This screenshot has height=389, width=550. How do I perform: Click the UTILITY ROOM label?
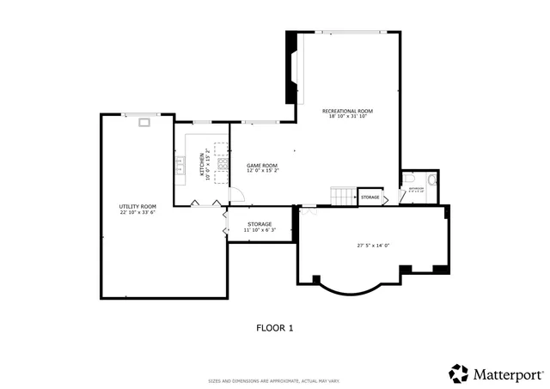click(x=137, y=206)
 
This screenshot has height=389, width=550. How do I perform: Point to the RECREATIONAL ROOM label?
click(x=347, y=111)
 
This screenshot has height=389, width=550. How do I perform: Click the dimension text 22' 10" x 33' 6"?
click(x=137, y=212)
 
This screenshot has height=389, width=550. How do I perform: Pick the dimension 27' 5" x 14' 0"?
click(x=374, y=246)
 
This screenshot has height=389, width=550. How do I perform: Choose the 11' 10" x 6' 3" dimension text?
click(x=260, y=229)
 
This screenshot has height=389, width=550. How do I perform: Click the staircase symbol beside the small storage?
click(x=345, y=197)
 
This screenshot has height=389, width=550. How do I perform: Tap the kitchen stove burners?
click(x=223, y=161)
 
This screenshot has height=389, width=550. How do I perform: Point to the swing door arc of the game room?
click(x=232, y=195)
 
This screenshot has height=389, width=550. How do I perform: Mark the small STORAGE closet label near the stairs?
click(x=370, y=198)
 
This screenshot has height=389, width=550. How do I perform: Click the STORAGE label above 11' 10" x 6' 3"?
click(x=260, y=223)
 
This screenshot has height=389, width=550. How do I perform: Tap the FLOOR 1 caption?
click(x=275, y=327)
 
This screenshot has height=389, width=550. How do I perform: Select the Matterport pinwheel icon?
click(x=459, y=374)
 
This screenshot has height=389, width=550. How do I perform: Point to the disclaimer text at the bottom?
click(x=275, y=380)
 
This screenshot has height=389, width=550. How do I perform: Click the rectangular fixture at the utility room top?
click(x=144, y=123)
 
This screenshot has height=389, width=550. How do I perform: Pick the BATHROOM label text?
click(x=417, y=188)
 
